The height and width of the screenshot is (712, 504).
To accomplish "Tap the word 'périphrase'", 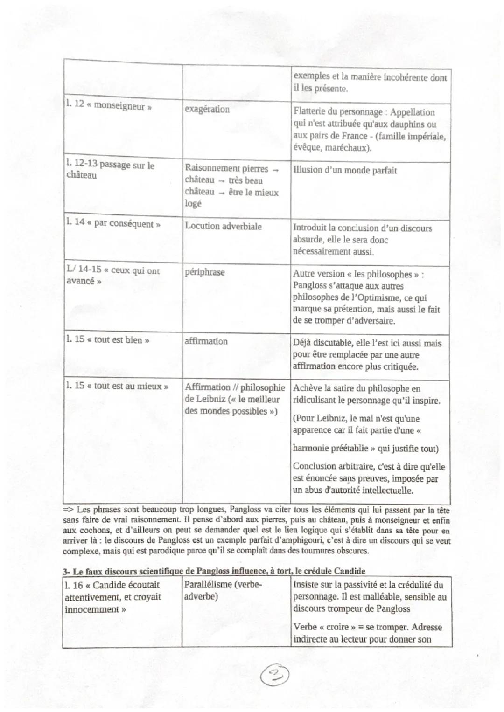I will (204, 272).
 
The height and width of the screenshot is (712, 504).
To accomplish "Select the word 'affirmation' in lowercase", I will (206, 341).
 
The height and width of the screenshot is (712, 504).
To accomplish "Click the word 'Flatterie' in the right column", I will (312, 112).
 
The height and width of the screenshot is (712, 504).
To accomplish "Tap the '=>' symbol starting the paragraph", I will (69, 510).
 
